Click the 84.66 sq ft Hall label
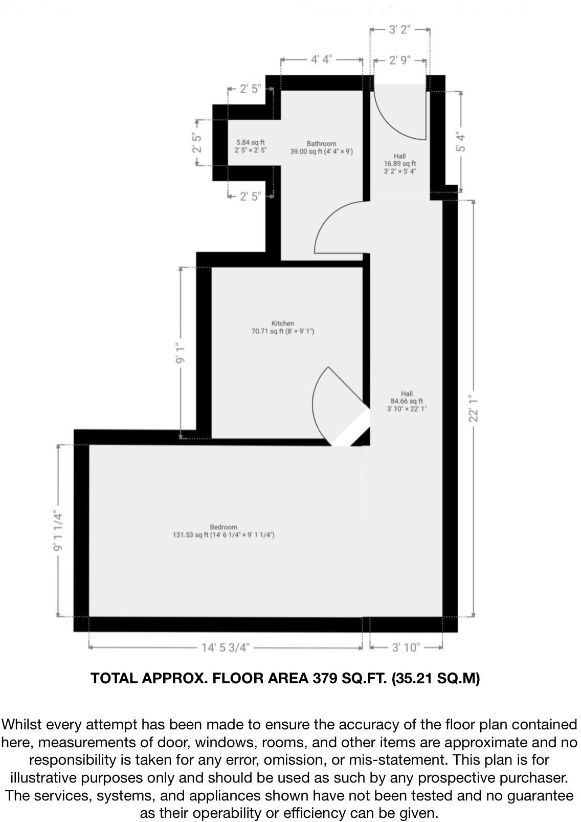point(407,401)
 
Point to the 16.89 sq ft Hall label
point(400,164)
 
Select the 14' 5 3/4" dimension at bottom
point(225,647)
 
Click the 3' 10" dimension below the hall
point(406,647)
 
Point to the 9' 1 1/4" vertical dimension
point(58,531)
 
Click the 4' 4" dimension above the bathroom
point(322,60)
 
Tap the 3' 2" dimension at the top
point(399,30)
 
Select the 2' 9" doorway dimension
point(399,60)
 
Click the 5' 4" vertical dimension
point(461,142)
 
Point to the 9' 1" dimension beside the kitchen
point(181,353)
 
